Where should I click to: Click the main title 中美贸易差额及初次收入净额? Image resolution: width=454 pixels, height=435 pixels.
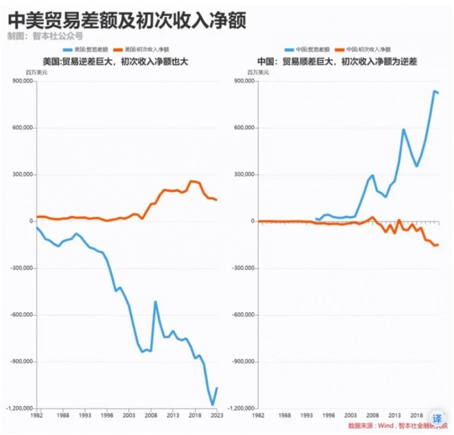coord(127,22)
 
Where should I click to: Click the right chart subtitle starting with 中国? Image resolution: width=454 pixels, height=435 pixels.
coord(337,61)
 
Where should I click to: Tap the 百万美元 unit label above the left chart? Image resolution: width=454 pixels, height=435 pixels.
coord(36,72)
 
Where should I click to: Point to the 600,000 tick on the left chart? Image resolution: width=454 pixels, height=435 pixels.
coord(22,128)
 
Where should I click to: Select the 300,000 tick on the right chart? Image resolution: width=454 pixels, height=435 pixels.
coord(243,175)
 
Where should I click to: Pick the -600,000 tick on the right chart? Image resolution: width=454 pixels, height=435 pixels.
coord(242,315)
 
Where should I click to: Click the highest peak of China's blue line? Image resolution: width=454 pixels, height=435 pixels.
coord(435,91)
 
